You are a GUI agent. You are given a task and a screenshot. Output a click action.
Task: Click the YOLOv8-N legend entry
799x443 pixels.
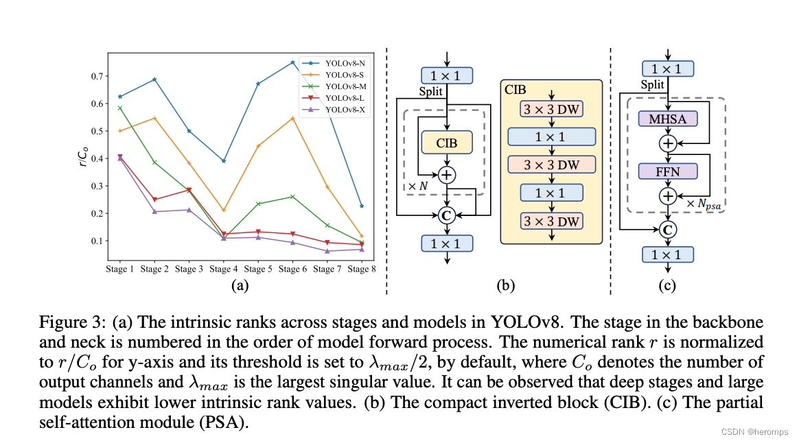[x=346, y=63]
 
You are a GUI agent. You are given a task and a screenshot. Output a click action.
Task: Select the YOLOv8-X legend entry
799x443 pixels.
[x=346, y=110]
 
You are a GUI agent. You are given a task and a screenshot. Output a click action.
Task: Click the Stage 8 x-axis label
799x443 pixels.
[x=362, y=270]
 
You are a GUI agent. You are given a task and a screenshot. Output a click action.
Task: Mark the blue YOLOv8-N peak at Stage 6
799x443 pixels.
[x=292, y=62]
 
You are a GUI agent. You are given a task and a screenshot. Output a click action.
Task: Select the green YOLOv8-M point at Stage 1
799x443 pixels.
[x=120, y=108]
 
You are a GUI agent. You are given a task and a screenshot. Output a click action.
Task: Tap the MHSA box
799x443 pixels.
[x=668, y=119]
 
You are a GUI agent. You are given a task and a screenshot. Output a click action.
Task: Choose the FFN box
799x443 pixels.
[x=668, y=171]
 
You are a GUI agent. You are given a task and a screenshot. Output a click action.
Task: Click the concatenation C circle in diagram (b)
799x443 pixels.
[x=447, y=216]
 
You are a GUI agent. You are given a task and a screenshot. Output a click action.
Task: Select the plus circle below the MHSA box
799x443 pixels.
[x=668, y=143]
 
